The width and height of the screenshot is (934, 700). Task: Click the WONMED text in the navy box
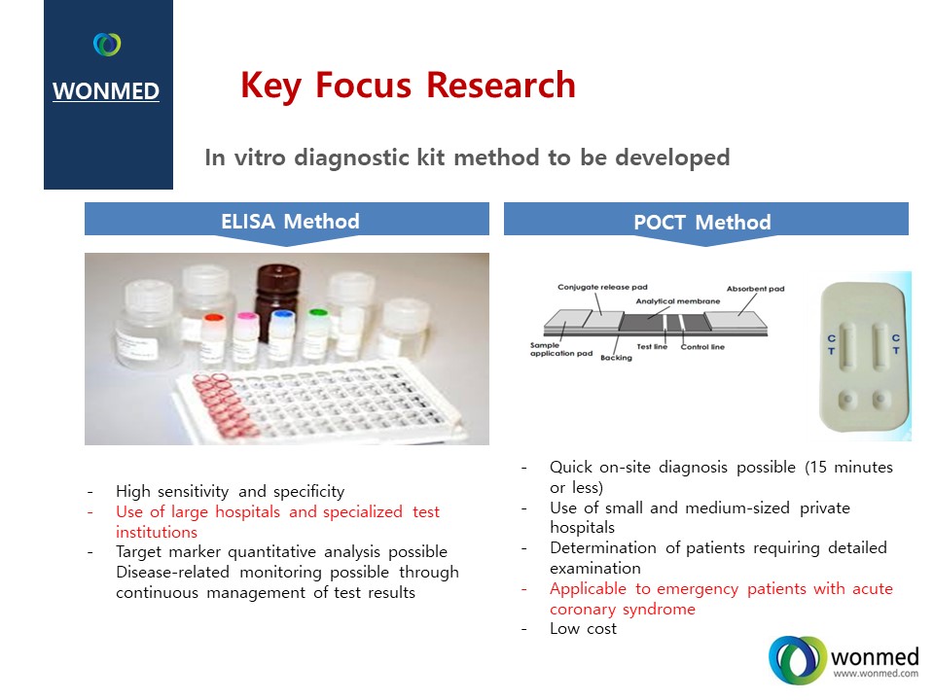pyautogui.click(x=106, y=91)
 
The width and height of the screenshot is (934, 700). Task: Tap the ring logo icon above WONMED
pyautogui.click(x=107, y=45)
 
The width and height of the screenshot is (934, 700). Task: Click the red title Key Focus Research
pyautogui.click(x=408, y=86)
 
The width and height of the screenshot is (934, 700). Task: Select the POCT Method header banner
pyautogui.click(x=706, y=223)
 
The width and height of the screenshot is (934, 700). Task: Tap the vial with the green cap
pyautogui.click(x=317, y=334)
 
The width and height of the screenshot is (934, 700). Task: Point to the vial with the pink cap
pyautogui.click(x=245, y=337)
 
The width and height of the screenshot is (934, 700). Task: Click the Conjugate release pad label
pyautogui.click(x=602, y=287)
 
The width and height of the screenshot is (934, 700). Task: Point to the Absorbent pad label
pyautogui.click(x=755, y=289)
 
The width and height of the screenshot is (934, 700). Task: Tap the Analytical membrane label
pyautogui.click(x=678, y=301)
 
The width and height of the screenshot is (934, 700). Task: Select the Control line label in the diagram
pyautogui.click(x=702, y=346)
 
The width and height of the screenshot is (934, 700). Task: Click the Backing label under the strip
pyautogui.click(x=616, y=358)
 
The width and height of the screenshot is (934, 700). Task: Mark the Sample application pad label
pyautogui.click(x=561, y=349)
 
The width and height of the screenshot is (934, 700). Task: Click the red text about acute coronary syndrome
pyautogui.click(x=721, y=599)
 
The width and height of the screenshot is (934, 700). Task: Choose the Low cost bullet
pyautogui.click(x=583, y=629)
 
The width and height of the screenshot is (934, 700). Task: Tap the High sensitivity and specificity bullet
pyautogui.click(x=230, y=492)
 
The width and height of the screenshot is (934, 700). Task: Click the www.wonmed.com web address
pyautogui.click(x=876, y=674)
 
